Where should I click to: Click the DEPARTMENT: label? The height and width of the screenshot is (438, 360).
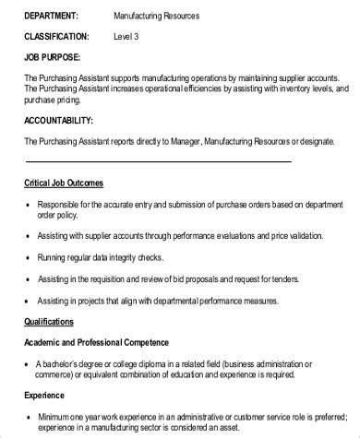(x=52, y=16)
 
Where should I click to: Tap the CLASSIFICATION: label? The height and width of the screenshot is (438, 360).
(x=56, y=37)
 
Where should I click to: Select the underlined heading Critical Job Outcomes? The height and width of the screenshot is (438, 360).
(x=64, y=183)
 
